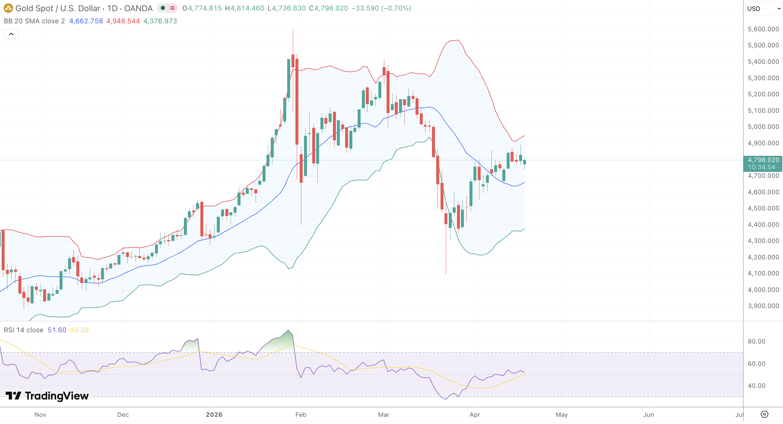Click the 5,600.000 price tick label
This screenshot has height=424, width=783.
click(x=763, y=29)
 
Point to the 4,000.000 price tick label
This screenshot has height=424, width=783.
click(x=763, y=290)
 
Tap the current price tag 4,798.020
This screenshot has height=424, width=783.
click(x=763, y=160)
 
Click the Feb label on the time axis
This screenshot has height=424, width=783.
click(x=301, y=414)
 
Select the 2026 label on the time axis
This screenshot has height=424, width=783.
click(x=214, y=414)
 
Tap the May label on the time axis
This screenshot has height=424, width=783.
click(x=562, y=414)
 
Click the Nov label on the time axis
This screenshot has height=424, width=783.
click(x=40, y=414)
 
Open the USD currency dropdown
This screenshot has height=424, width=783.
click(x=763, y=9)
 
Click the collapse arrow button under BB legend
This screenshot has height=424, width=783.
click(x=11, y=34)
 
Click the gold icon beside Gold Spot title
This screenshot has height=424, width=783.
click(x=8, y=8)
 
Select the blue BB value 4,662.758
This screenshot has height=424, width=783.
click(x=86, y=21)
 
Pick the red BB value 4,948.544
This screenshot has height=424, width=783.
click(x=123, y=21)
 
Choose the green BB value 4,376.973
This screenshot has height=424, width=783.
click(x=160, y=21)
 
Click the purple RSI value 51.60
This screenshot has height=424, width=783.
click(x=57, y=330)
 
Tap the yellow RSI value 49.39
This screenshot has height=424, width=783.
click(x=79, y=330)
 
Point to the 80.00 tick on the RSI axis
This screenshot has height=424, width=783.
click(x=757, y=342)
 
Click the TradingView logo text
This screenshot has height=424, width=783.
click(x=57, y=396)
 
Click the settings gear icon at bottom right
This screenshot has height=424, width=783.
click(x=765, y=414)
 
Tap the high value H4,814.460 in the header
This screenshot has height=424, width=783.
click(x=244, y=8)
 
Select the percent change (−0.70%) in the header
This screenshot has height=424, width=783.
click(x=396, y=8)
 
